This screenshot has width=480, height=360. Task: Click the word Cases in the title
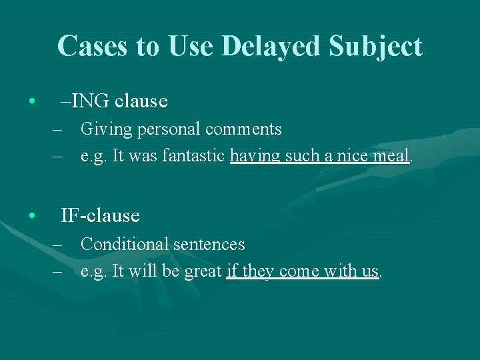pos(87,47)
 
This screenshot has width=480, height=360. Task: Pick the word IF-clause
pos(100,216)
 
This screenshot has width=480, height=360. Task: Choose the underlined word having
pos(255,157)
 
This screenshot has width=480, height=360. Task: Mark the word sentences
pos(209,245)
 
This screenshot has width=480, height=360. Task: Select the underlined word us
pos(370,272)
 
